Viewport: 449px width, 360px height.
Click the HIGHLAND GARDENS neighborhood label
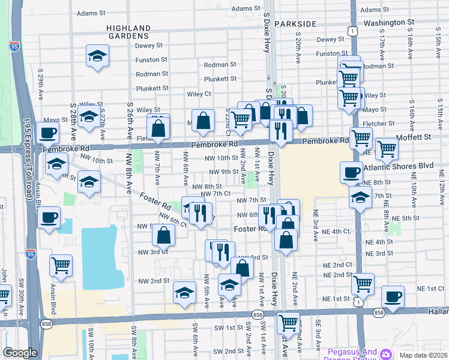pos(128,32)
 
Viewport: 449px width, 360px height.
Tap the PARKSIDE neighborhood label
pos(295,23)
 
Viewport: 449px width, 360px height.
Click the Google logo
pos(20,353)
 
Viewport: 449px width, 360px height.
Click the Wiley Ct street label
pos(199,94)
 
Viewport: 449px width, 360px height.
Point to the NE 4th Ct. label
pos(336,231)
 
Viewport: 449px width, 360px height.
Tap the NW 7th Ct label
pos(215,193)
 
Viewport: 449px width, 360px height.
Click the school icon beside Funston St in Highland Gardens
pos(97,56)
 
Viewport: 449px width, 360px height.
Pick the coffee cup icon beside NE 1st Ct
pos(393,296)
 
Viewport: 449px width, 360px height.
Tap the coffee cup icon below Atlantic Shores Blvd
pos(352,173)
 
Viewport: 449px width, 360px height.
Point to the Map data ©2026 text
pos(424,355)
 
